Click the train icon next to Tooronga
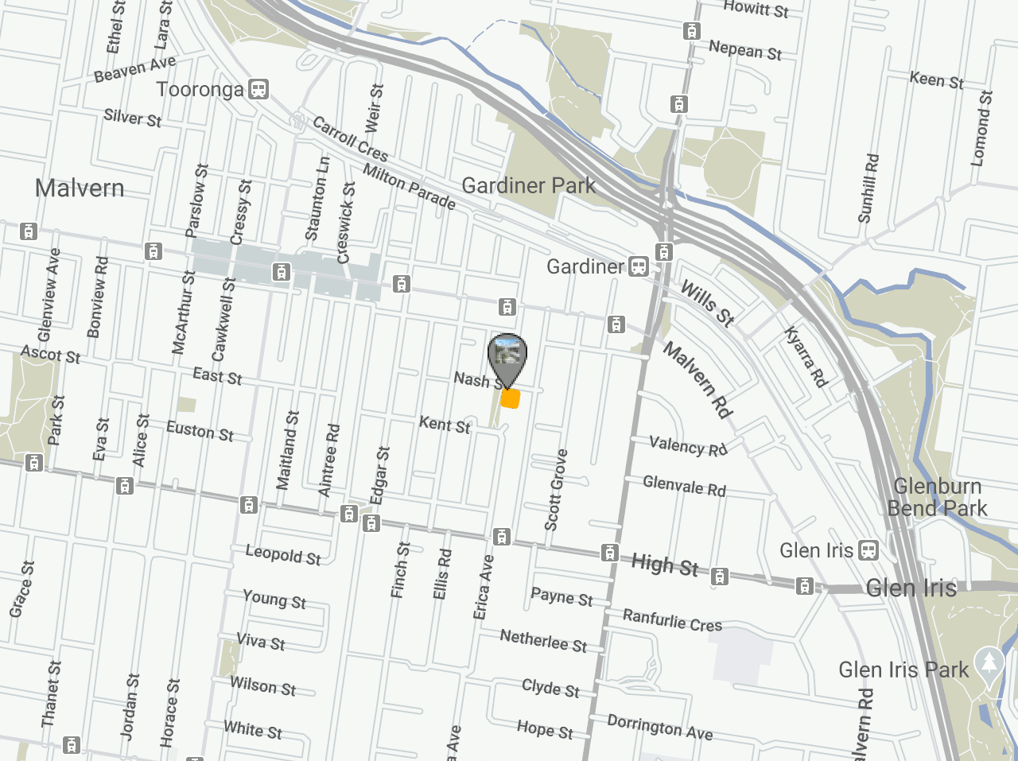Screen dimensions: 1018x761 (258, 89)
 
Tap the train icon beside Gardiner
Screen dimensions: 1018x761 (639, 266)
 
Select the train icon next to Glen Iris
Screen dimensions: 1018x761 (869, 549)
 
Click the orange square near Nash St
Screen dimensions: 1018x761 (511, 398)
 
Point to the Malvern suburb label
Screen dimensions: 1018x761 (80, 188)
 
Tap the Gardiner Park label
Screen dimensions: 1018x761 (528, 186)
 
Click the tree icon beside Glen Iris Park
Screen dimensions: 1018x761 (989, 662)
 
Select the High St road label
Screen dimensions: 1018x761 (665, 565)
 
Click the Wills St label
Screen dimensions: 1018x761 (707, 303)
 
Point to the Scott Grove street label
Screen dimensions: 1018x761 (556, 490)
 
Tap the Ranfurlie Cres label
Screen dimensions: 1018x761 (672, 620)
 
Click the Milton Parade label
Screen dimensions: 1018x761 (410, 187)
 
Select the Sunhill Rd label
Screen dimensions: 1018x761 (868, 188)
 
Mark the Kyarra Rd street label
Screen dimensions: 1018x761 (806, 357)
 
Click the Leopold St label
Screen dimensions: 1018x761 (283, 555)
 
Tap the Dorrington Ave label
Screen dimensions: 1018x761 (660, 727)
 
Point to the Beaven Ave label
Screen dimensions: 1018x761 (135, 69)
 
